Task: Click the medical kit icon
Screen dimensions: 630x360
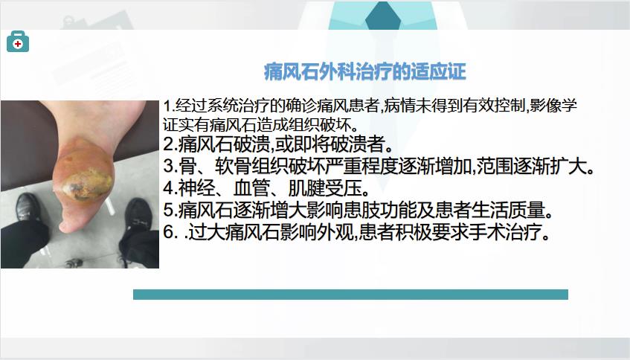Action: pyautogui.click(x=18, y=42)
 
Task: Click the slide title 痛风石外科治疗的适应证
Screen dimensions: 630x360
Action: pyautogui.click(x=364, y=72)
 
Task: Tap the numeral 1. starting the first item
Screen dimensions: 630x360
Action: pyautogui.click(x=168, y=106)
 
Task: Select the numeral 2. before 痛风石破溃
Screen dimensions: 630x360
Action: pyautogui.click(x=170, y=144)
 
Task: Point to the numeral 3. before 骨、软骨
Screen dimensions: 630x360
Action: pyautogui.click(x=170, y=166)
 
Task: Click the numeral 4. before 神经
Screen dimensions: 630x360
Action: pyautogui.click(x=170, y=187)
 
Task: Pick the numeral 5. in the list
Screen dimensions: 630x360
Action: pyautogui.click(x=170, y=209)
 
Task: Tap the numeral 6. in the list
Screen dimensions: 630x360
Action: pyautogui.click(x=170, y=232)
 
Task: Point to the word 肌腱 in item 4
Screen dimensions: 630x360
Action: pyautogui.click(x=306, y=187)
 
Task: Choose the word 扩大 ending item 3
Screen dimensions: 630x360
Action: pyautogui.click(x=568, y=166)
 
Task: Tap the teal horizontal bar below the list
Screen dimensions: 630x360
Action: pyautogui.click(x=350, y=295)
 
